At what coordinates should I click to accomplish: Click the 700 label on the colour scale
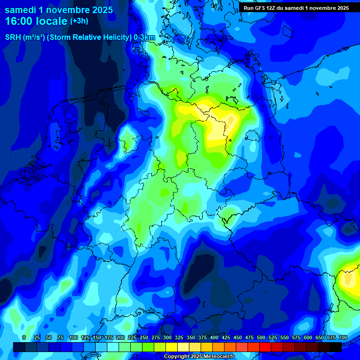point(343,337)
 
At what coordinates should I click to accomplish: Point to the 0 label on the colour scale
point(24,337)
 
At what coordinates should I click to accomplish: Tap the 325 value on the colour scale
point(179,337)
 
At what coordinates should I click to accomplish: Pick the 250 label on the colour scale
point(143,337)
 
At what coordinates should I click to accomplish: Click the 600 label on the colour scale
point(308,337)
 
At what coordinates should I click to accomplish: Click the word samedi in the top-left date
point(22,10)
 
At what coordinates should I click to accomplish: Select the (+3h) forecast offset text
point(79,21)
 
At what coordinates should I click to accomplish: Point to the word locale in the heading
point(54,21)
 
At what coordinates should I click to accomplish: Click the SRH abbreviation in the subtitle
point(13,37)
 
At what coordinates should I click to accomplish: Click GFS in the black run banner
point(259,8)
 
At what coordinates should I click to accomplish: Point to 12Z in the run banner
point(272,8)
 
